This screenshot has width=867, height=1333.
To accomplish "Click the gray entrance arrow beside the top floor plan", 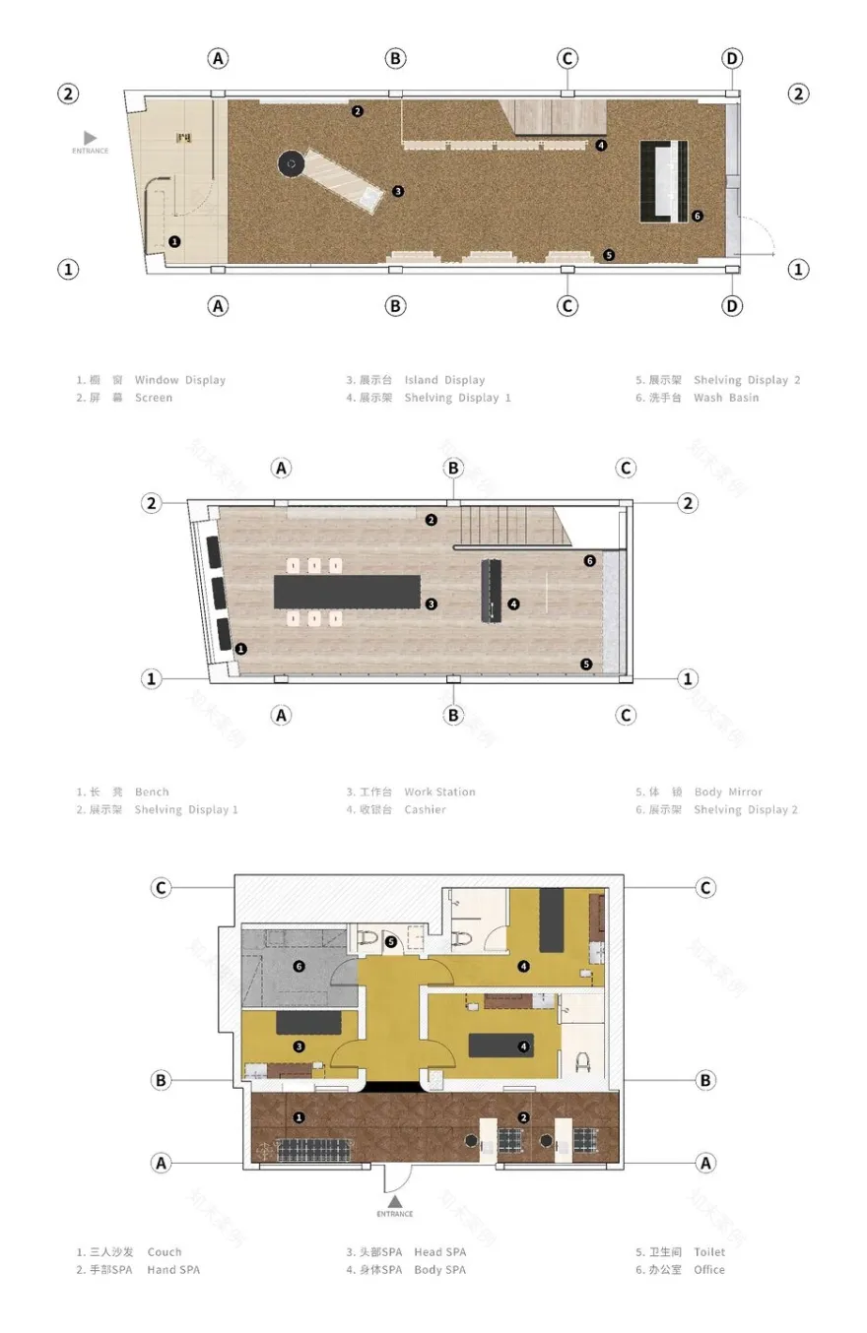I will pos(90,138).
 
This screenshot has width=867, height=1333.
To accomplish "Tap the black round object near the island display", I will pos(291,163).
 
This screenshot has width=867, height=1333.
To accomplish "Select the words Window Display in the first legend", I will pos(180,380).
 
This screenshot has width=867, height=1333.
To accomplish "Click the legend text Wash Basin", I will pos(726,398).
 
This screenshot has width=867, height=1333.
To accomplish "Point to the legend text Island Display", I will pos(444,380).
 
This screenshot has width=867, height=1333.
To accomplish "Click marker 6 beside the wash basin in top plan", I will pos(697,216).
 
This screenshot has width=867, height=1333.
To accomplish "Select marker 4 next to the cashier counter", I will pos(513,603).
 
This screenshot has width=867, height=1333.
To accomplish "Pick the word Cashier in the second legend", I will pos(425,809).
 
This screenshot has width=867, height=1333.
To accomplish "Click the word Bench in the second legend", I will pos(152,792).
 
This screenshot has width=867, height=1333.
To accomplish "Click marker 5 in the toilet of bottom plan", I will pos(391,942).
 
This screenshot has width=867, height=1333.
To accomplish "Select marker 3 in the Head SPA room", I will pos(299,1047).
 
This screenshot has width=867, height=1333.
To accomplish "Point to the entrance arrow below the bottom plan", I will pos(394,1201).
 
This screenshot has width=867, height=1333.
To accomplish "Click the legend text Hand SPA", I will pos(173,1270).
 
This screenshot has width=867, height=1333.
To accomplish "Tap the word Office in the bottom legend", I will pos(708,1270).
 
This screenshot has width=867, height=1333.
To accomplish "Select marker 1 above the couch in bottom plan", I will pos(299,1116).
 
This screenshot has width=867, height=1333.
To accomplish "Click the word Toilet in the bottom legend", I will pos(709,1252).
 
